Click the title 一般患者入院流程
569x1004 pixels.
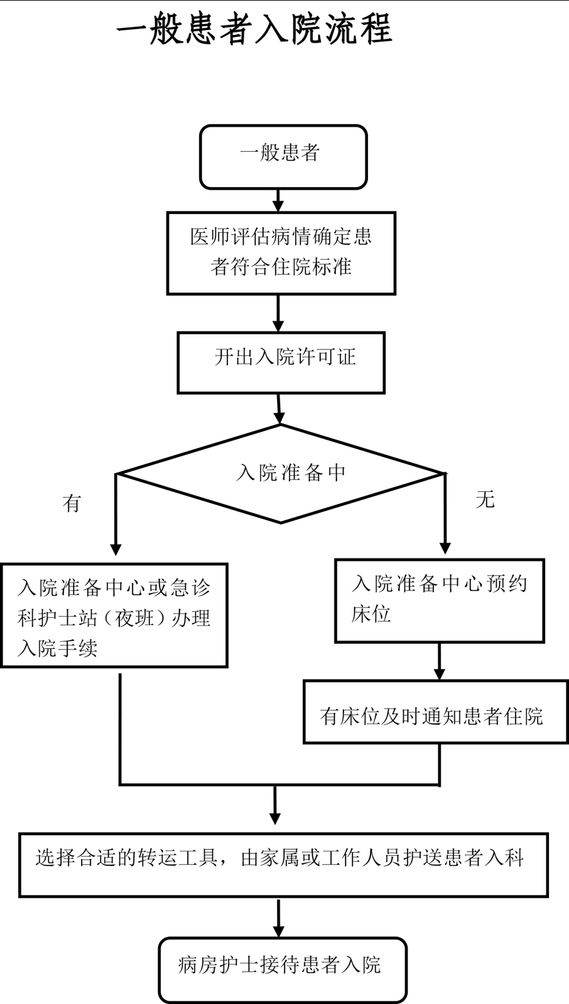point(254,29)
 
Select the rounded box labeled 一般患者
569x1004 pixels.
point(283,157)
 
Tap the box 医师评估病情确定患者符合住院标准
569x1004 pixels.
point(281,253)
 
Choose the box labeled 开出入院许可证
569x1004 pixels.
point(281,363)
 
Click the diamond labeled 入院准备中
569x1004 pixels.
point(281,473)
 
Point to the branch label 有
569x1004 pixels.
point(72,503)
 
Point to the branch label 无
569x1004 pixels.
point(485,500)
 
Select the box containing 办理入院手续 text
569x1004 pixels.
point(114,615)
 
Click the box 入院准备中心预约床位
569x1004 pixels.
point(439,601)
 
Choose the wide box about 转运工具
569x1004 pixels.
point(283,865)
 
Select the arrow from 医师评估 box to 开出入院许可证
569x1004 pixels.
point(278,314)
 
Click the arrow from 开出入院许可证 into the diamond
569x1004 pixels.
point(279,410)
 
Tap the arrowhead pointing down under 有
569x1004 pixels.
point(116,548)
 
